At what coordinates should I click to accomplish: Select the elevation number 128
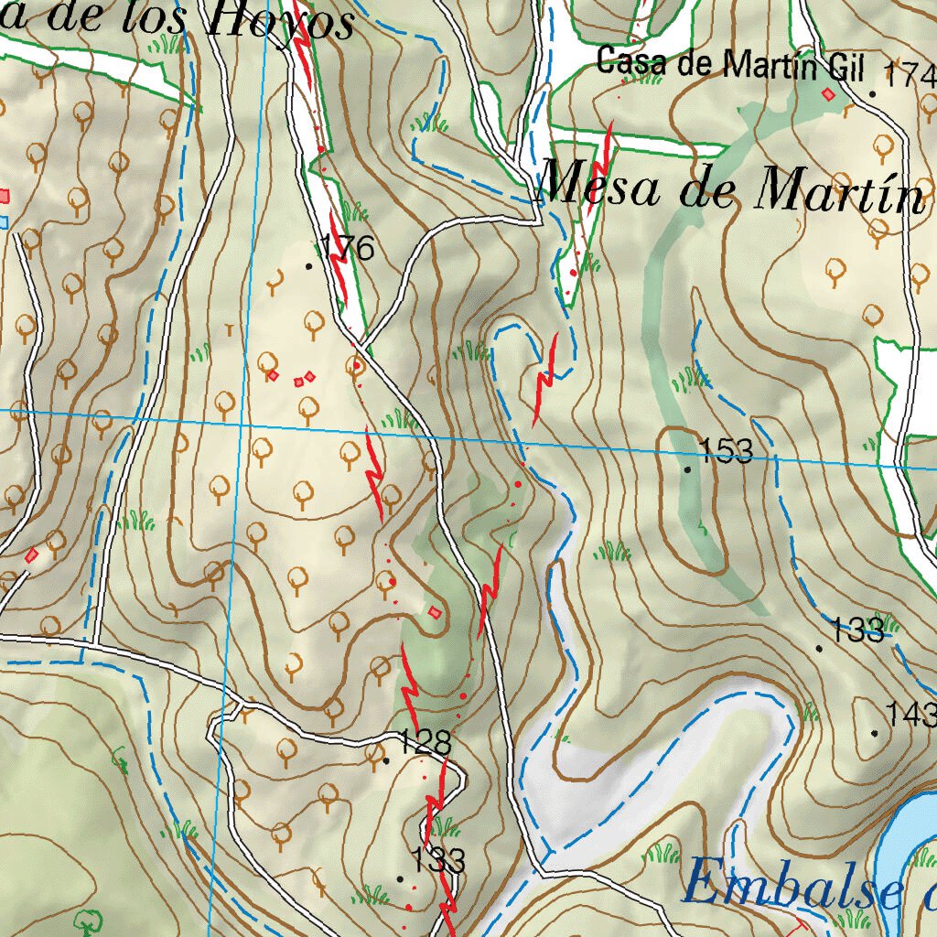pyautogui.click(x=425, y=742)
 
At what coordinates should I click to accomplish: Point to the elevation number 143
pyautogui.click(x=910, y=713)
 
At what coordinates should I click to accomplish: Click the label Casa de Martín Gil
pyautogui.click(x=729, y=64)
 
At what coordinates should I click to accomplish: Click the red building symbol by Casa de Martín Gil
pyautogui.click(x=829, y=94)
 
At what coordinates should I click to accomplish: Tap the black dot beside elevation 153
pyautogui.click(x=688, y=468)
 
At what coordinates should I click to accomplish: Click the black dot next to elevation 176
pyautogui.click(x=308, y=266)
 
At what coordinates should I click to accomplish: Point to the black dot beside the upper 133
pyautogui.click(x=819, y=648)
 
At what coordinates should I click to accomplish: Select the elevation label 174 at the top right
pyautogui.click(x=910, y=74)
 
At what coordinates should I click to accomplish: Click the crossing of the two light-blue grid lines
pyautogui.click(x=240, y=425)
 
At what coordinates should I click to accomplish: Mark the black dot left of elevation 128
pyautogui.click(x=386, y=760)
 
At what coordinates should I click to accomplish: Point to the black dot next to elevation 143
pyautogui.click(x=875, y=733)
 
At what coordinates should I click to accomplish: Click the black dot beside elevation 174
pyautogui.click(x=873, y=93)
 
